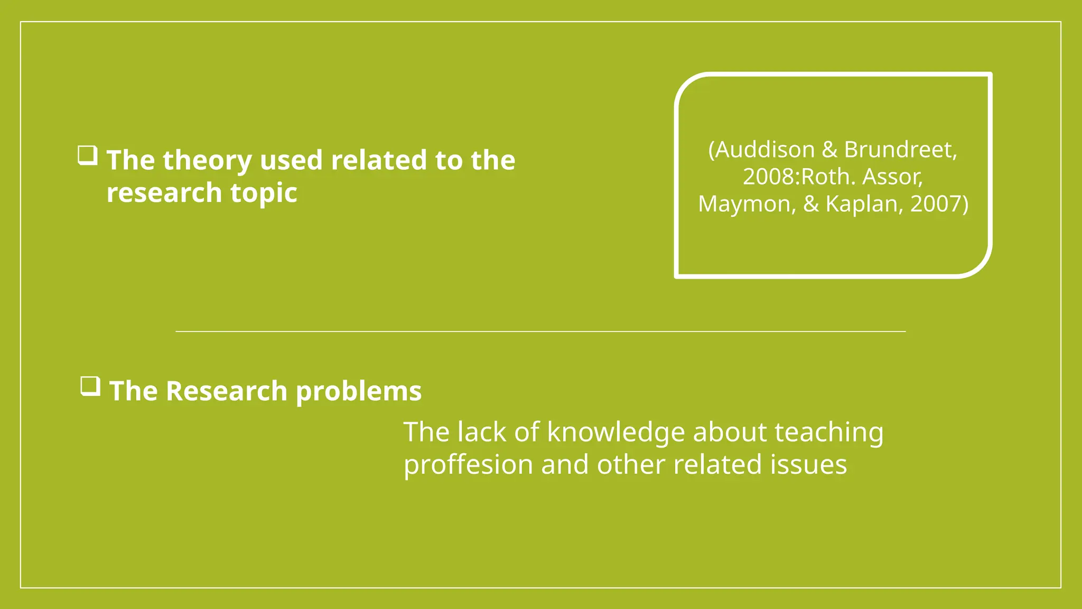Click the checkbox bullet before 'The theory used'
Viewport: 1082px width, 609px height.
click(88, 156)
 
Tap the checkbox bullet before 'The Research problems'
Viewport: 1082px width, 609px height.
click(90, 386)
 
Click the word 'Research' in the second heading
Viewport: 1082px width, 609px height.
click(227, 391)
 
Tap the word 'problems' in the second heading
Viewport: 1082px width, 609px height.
click(359, 392)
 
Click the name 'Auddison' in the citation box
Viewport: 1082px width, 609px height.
click(765, 150)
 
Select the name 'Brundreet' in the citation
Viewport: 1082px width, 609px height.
click(900, 150)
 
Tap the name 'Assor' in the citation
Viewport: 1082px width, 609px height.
click(892, 177)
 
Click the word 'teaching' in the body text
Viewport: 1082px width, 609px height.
click(829, 432)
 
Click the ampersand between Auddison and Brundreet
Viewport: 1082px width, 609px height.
click(829, 150)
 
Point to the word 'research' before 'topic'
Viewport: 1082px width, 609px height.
click(164, 193)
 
